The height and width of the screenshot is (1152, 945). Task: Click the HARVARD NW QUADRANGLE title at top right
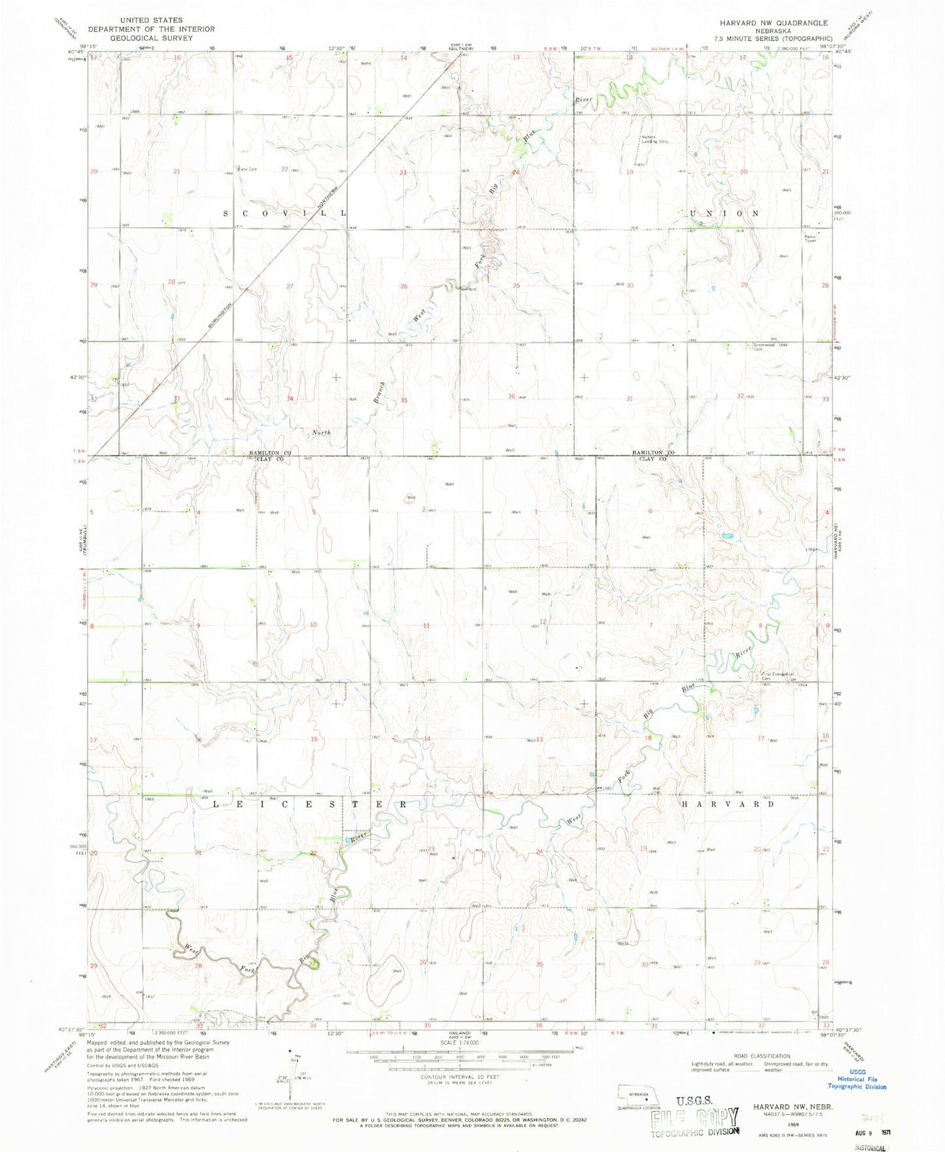tap(772, 23)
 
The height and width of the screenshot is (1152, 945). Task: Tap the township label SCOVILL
tap(285, 213)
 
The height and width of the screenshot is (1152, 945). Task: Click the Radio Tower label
tap(811, 238)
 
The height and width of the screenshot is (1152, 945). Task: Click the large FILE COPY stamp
tap(695, 1121)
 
